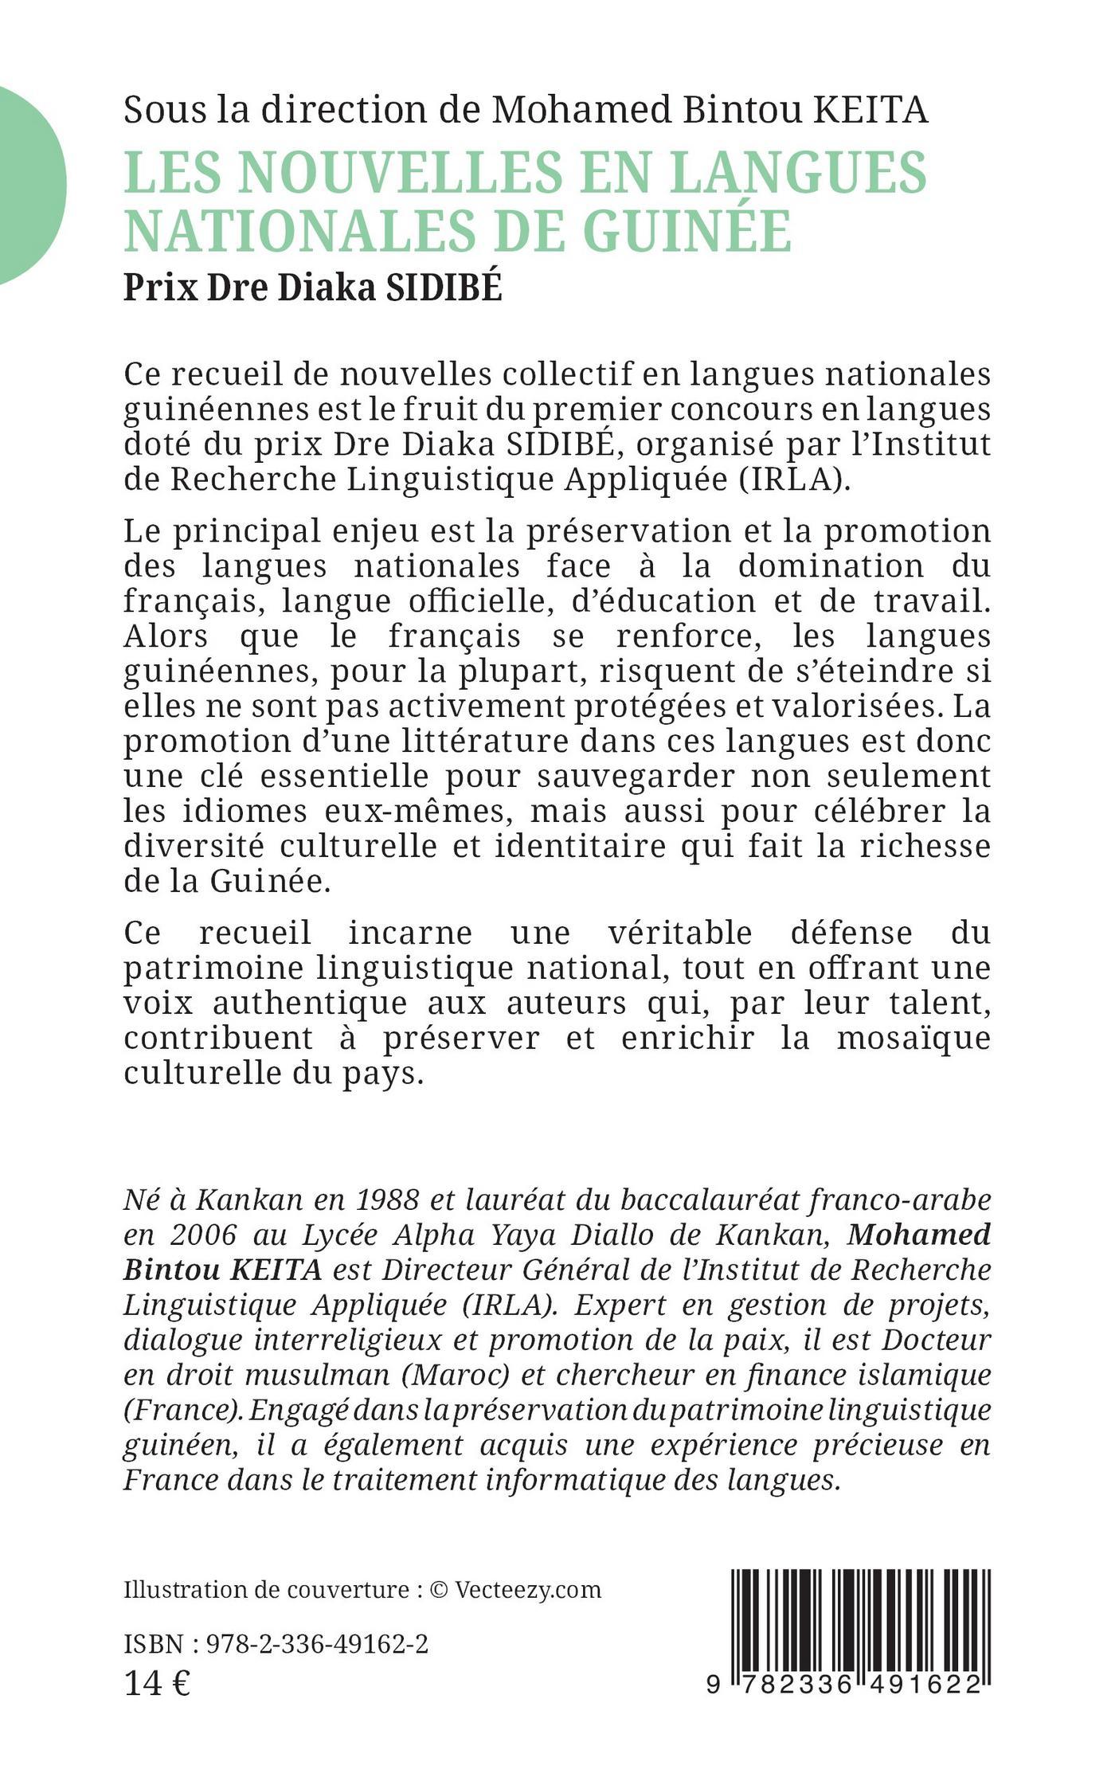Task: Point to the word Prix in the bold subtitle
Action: (160, 288)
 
